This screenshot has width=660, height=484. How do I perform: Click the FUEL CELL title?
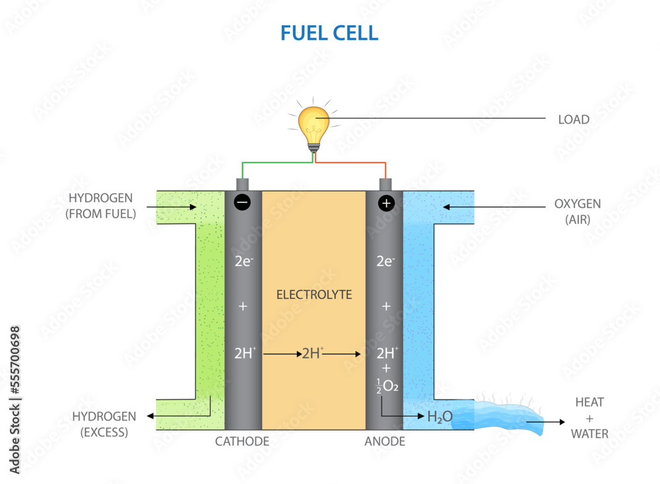pos(329,33)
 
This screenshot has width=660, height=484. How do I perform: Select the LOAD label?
pos(574,120)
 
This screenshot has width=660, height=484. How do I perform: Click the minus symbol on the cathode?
pos(242,203)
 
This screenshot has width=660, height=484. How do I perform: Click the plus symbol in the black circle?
pos(386,203)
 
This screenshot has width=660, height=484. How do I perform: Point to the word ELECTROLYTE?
pos(314,294)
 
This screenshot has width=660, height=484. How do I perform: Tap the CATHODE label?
pos(242,441)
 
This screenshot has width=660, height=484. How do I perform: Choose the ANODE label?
pos(385,441)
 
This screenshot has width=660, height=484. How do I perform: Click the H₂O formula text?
pos(440,417)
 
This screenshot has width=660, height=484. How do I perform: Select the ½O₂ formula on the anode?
pos(387,386)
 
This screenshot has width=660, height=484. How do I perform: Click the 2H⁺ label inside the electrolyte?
pos(313,353)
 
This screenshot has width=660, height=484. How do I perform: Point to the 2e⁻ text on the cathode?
pos(244,261)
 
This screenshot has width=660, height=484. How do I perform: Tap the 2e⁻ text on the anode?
pos(385,261)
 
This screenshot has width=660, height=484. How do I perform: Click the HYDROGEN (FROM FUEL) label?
pos(100,205)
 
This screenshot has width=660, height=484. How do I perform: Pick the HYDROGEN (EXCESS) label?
pos(104,424)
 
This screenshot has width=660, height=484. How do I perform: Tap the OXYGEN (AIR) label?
pos(577,211)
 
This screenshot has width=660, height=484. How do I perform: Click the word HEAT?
pos(589,402)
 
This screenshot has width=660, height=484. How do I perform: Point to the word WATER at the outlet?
pos(589,434)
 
